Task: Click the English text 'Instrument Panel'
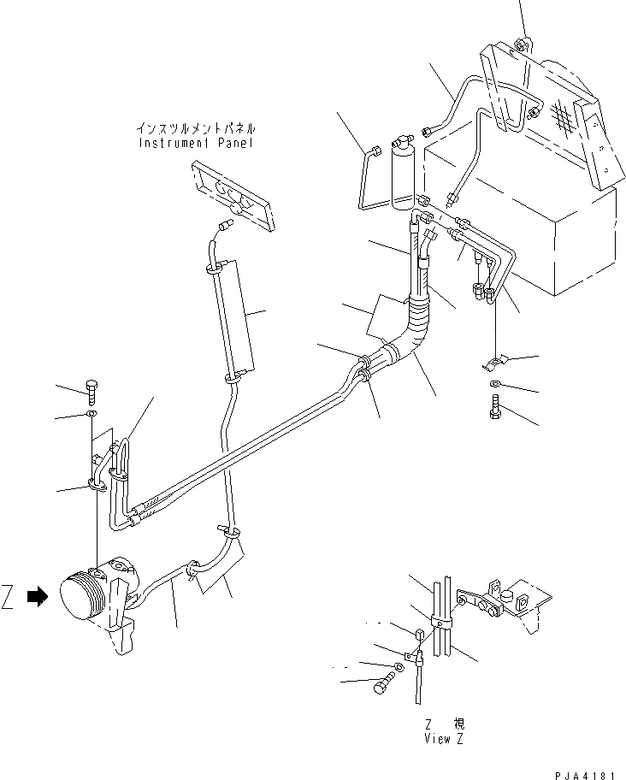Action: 196,143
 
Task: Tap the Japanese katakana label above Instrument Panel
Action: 196,128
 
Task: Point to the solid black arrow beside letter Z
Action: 37,599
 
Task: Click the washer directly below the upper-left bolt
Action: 92,417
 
